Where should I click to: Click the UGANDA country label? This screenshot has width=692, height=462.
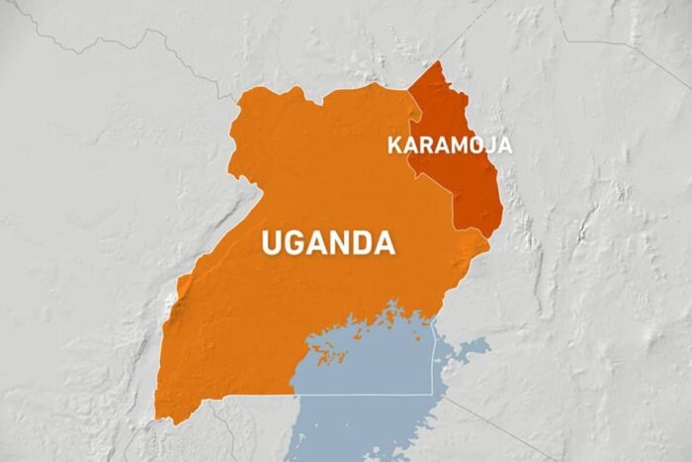(327, 242)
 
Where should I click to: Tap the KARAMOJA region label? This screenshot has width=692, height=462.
(449, 145)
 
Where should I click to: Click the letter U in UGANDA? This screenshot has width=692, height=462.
(272, 242)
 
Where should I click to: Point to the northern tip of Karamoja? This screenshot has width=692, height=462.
(436, 62)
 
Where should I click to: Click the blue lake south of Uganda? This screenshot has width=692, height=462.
(366, 366)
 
